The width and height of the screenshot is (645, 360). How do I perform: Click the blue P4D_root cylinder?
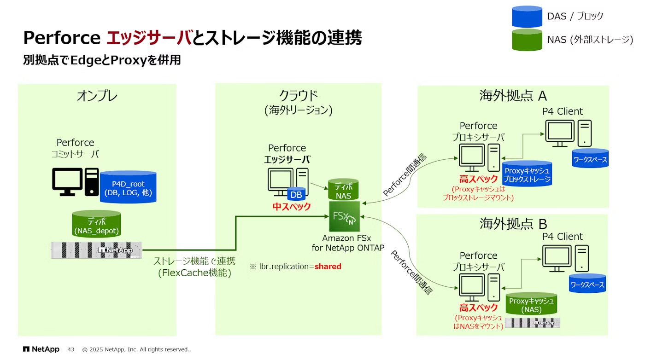tap(128, 187)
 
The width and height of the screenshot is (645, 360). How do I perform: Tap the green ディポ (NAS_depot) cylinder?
tap(96, 224)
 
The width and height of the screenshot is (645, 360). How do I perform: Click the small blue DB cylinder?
tap(296, 195)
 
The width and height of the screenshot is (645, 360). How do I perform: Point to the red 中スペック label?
tap(292, 207)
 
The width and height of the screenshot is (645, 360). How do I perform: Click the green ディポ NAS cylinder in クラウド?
tap(343, 191)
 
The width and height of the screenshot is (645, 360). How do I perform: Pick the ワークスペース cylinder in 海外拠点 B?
tap(587, 284)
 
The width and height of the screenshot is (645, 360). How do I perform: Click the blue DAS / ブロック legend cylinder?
tap(527, 17)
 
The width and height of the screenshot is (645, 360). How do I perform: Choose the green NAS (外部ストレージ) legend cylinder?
tap(527, 40)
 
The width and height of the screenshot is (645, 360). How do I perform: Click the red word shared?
tap(328, 267)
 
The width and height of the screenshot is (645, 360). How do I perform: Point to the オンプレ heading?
tap(97, 96)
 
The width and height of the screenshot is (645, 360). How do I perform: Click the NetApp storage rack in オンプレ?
tap(96, 250)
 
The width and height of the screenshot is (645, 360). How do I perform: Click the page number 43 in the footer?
tap(71, 349)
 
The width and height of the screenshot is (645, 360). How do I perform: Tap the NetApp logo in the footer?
tap(41, 349)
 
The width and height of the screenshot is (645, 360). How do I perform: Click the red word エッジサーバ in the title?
tap(148, 38)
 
